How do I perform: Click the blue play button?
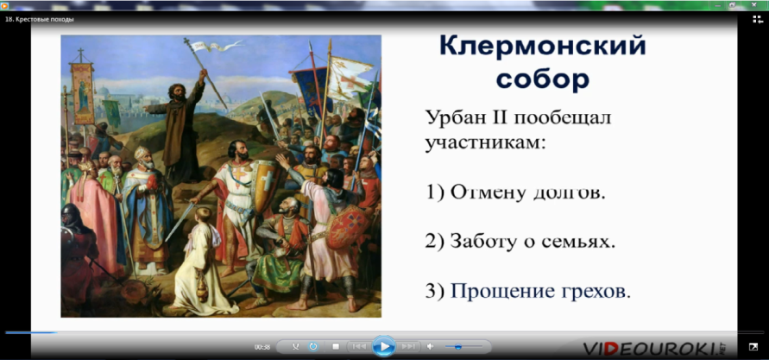383,346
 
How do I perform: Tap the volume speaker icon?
430,347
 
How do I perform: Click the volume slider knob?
458,347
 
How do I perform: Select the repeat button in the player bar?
313,347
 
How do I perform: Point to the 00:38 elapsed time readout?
262,347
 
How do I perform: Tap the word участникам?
486,143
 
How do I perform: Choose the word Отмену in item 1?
483,193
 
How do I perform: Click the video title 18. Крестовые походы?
39,20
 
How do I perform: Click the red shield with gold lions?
347,226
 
